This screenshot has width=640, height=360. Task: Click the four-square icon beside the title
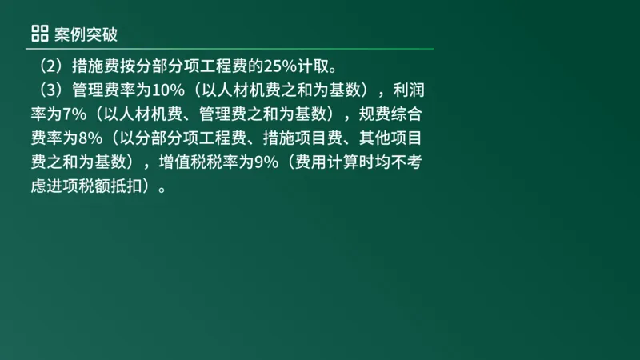(x=39, y=33)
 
